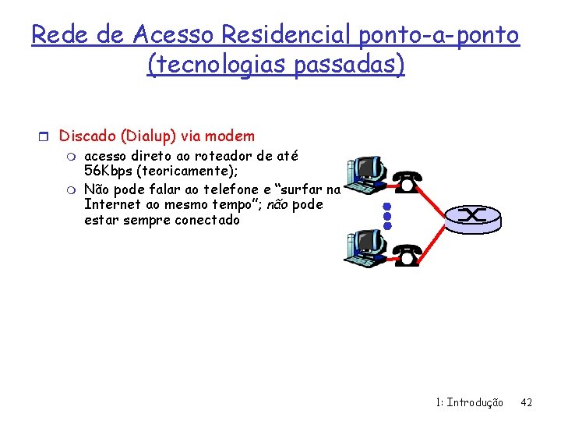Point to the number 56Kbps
point(108,170)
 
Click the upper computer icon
point(365,173)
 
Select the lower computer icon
point(365,248)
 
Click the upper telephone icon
point(407,182)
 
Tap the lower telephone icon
point(407,255)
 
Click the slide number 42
point(526,402)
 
